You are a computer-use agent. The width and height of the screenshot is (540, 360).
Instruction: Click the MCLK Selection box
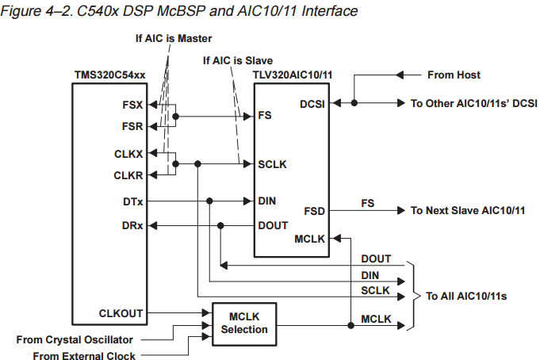(245, 323)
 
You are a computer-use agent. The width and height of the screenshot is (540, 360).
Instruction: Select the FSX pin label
(133, 104)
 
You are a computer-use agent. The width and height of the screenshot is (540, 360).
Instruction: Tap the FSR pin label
(133, 125)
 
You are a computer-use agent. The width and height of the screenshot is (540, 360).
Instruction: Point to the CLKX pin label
(128, 153)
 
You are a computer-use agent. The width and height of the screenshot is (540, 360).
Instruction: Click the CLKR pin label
(128, 174)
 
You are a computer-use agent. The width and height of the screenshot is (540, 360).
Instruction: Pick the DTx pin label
(132, 201)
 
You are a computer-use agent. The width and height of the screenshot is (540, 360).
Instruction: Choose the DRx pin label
(132, 226)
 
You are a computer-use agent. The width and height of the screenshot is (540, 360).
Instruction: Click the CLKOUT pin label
(121, 313)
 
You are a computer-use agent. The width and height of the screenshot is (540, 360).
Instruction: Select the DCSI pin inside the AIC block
(312, 103)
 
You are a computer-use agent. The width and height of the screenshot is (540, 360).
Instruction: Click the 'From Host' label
(454, 75)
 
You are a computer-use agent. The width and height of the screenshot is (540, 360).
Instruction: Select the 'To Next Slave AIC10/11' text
(468, 210)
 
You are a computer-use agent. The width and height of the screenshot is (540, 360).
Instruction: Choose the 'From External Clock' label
(84, 355)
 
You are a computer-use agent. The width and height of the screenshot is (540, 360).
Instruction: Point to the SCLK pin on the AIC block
(272, 164)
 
